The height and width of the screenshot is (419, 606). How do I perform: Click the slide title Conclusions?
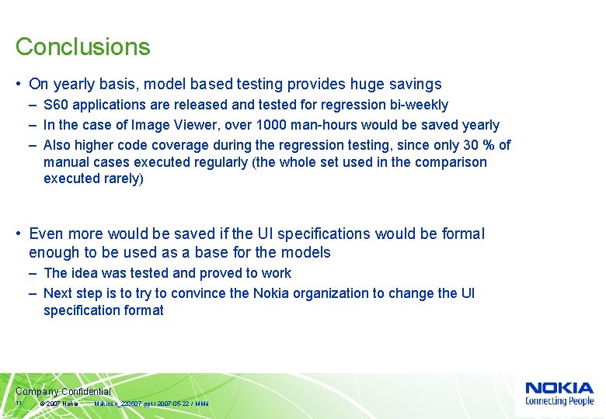[82, 47]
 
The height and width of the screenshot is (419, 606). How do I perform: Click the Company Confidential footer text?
[63, 392]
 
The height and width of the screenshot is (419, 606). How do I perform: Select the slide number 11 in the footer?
[19, 403]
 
